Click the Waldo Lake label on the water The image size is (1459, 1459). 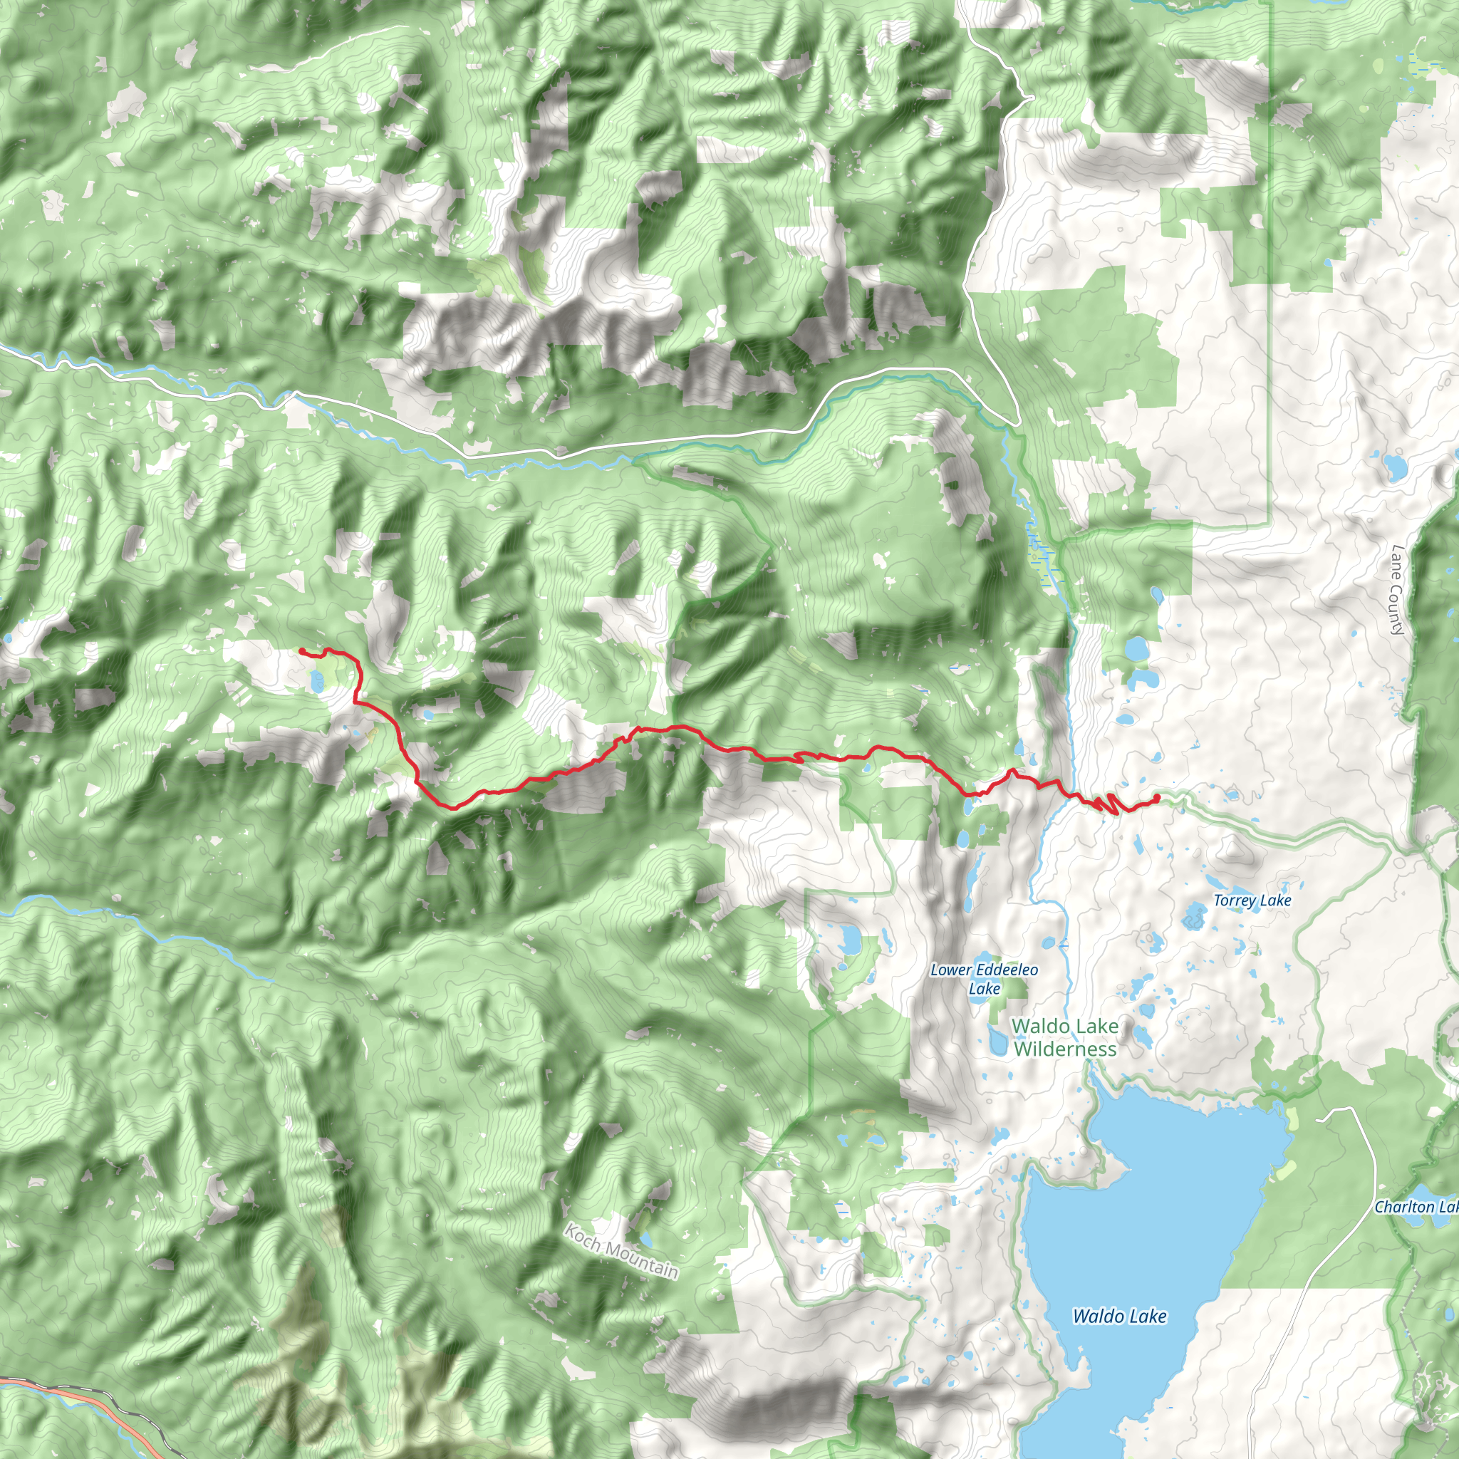(x=1119, y=1317)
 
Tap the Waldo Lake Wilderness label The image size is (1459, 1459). (x=1065, y=1037)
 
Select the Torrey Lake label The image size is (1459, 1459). (x=1252, y=901)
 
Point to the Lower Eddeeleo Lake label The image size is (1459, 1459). (x=984, y=979)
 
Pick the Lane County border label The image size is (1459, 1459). (x=1398, y=590)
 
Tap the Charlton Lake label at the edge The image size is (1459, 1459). (x=1416, y=1207)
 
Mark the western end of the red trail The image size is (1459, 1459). (x=301, y=650)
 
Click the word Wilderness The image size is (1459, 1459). (x=1065, y=1049)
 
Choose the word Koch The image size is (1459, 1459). (x=582, y=1235)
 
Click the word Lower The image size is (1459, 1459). (x=951, y=970)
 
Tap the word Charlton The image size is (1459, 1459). (x=1404, y=1207)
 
